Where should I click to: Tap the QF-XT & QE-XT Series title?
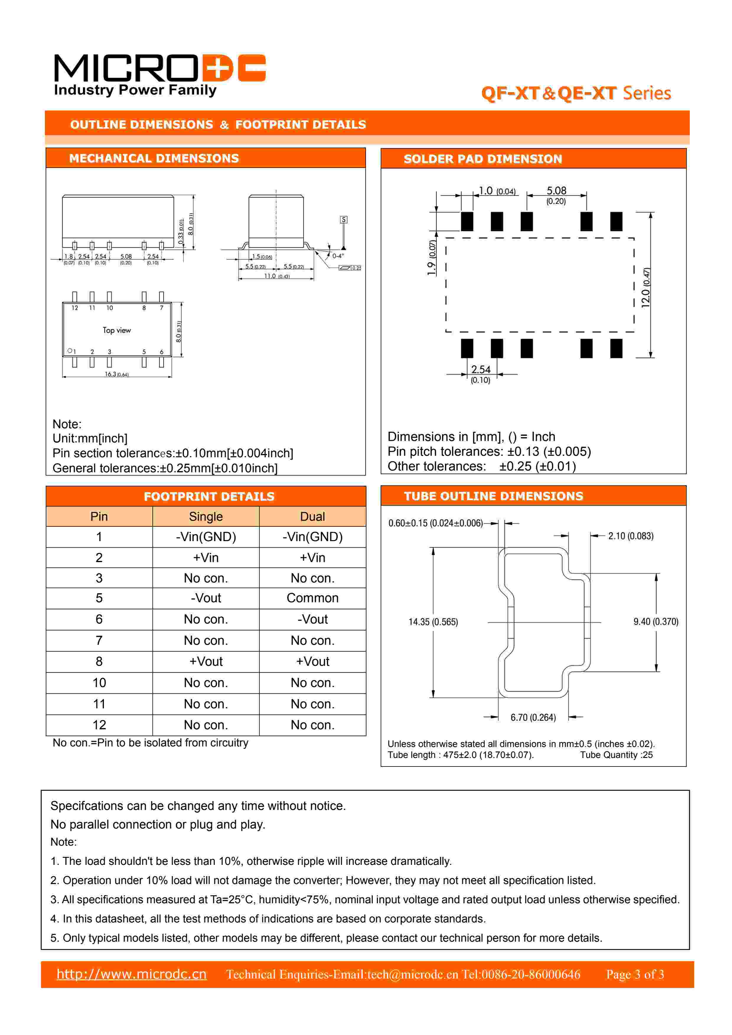coord(576,93)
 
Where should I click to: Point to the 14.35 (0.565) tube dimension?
coord(433,622)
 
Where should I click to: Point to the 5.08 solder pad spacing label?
coord(556,191)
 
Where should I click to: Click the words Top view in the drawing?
coord(117,331)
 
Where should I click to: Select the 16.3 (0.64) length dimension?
coord(116,374)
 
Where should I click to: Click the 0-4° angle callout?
coord(338,256)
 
